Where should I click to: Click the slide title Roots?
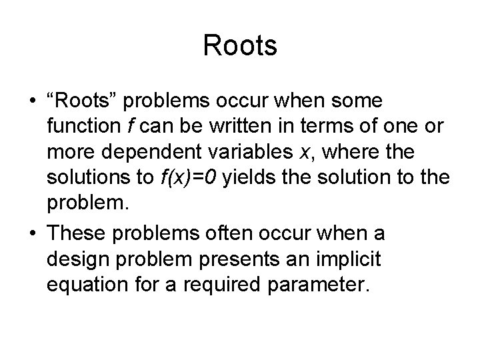(x=240, y=46)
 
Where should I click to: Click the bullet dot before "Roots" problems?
(x=32, y=102)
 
